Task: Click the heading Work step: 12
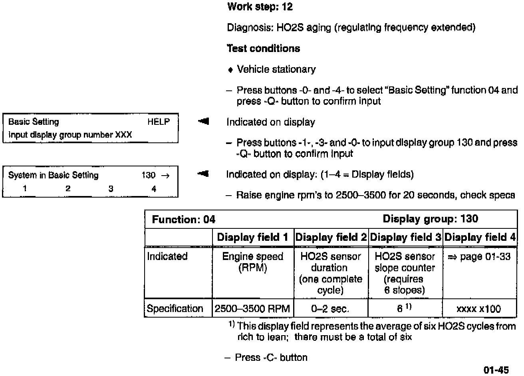tap(260, 7)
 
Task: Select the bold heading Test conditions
tap(263, 49)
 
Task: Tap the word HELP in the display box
tap(159, 122)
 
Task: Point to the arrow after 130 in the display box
tap(165, 176)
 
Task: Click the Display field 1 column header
tap(252, 238)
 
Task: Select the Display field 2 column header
tap(331, 238)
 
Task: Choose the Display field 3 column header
tap(405, 238)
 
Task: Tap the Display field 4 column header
tap(480, 238)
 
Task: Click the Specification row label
tap(175, 309)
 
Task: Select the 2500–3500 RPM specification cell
tap(252, 309)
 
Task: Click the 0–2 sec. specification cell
tap(330, 309)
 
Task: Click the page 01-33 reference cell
tap(479, 257)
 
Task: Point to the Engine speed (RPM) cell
tap(252, 262)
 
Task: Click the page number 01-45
tap(496, 370)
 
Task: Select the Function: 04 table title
tap(184, 220)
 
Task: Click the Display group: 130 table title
tap(430, 219)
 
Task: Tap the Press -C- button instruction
tap(271, 358)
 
